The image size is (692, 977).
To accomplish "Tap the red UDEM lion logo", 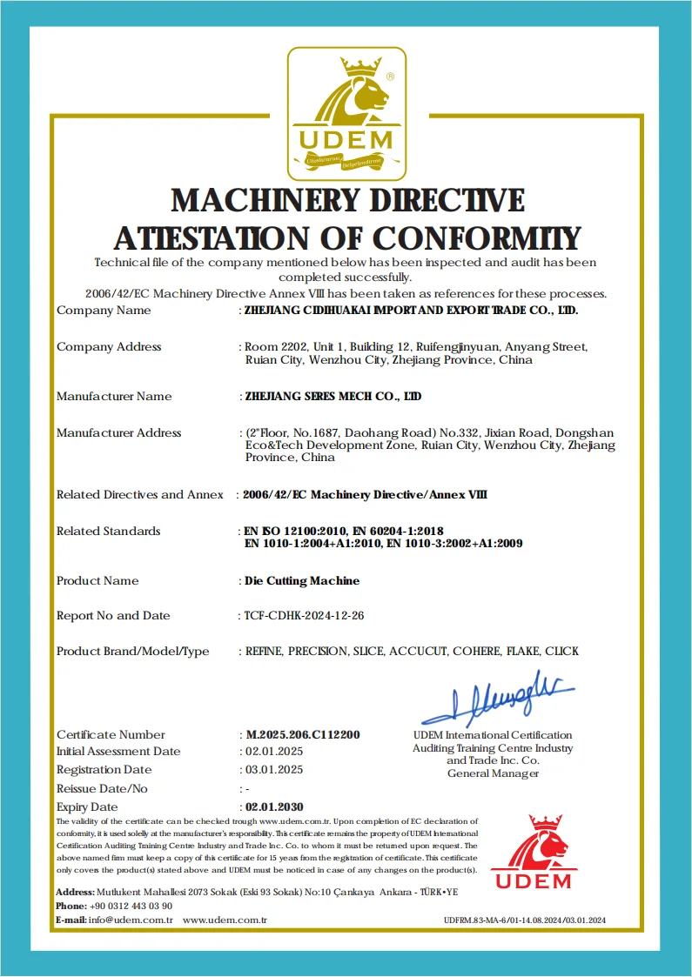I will (534, 853).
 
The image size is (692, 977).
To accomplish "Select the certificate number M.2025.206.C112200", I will (302, 734).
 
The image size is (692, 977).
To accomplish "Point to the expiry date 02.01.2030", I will (274, 806).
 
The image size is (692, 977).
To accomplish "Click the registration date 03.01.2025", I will (273, 769).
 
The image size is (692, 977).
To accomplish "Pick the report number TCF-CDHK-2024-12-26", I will (305, 615).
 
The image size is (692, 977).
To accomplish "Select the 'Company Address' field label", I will (109, 346).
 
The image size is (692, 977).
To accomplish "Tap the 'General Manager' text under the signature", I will (493, 773).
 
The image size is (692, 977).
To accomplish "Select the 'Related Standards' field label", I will (109, 531).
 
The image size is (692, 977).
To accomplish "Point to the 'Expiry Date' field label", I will (87, 806).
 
